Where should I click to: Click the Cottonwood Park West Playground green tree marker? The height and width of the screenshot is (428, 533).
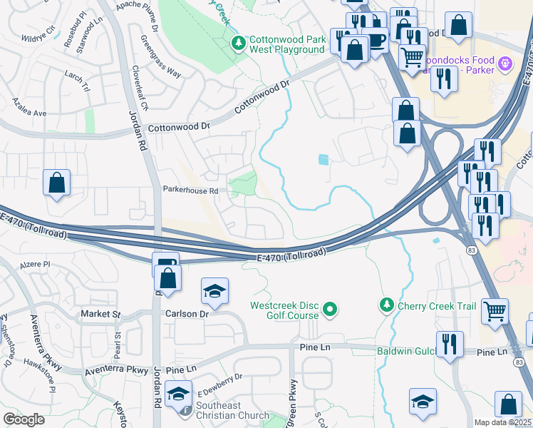tap(239, 44)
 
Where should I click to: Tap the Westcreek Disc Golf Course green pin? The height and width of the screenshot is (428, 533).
tap(329, 310)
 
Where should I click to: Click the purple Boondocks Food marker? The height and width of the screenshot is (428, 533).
tap(506, 64)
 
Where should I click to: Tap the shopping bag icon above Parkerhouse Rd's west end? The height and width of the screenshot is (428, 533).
tap(57, 183)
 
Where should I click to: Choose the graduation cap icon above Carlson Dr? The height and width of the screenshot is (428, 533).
tap(214, 291)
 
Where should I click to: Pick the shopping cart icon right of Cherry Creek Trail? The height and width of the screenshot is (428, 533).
tap(494, 310)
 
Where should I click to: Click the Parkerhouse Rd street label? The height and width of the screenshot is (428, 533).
tap(190, 190)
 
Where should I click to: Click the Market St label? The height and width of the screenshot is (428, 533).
tap(100, 314)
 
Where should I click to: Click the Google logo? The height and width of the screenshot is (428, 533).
tap(24, 419)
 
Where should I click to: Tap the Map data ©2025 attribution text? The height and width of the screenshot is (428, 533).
tap(502, 422)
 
